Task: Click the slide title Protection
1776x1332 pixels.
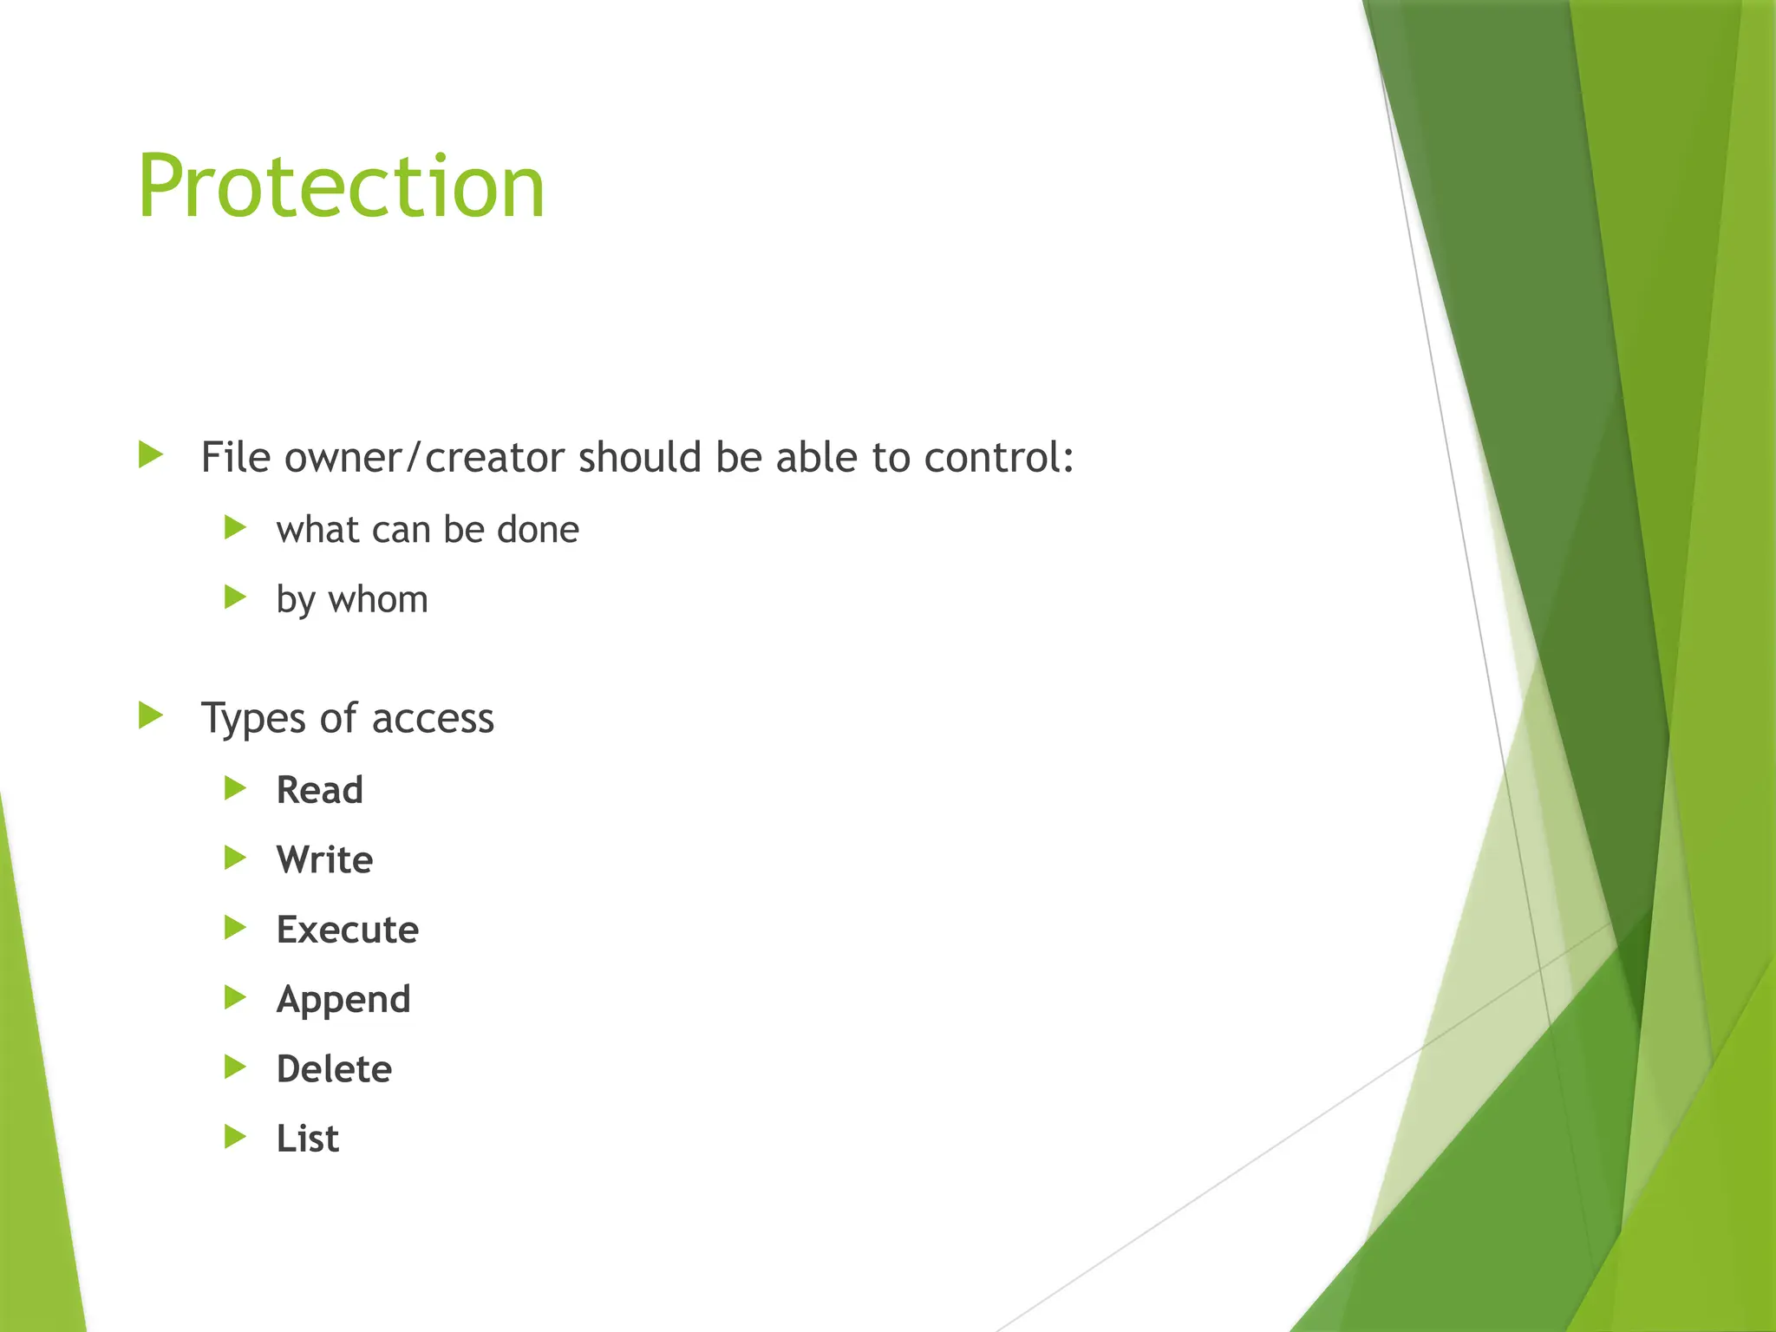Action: pos(341,186)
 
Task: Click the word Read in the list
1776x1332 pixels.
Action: pos(319,790)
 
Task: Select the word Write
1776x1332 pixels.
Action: pos(324,859)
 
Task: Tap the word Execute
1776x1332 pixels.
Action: pos(347,930)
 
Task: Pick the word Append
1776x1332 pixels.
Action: pos(343,1000)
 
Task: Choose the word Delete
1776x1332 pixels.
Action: pos(334,1069)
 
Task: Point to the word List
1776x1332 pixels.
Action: pos(307,1139)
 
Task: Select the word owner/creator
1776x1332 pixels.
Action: pos(425,457)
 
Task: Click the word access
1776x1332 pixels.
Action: pos(433,719)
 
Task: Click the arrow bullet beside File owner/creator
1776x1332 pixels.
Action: pos(151,454)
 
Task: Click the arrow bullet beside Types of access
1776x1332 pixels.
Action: pos(151,715)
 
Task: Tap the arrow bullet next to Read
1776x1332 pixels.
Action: pos(235,787)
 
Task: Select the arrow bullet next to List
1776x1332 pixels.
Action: pos(235,1136)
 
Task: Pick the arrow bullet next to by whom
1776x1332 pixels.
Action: pos(235,597)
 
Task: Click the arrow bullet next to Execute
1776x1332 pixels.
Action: pos(235,927)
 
